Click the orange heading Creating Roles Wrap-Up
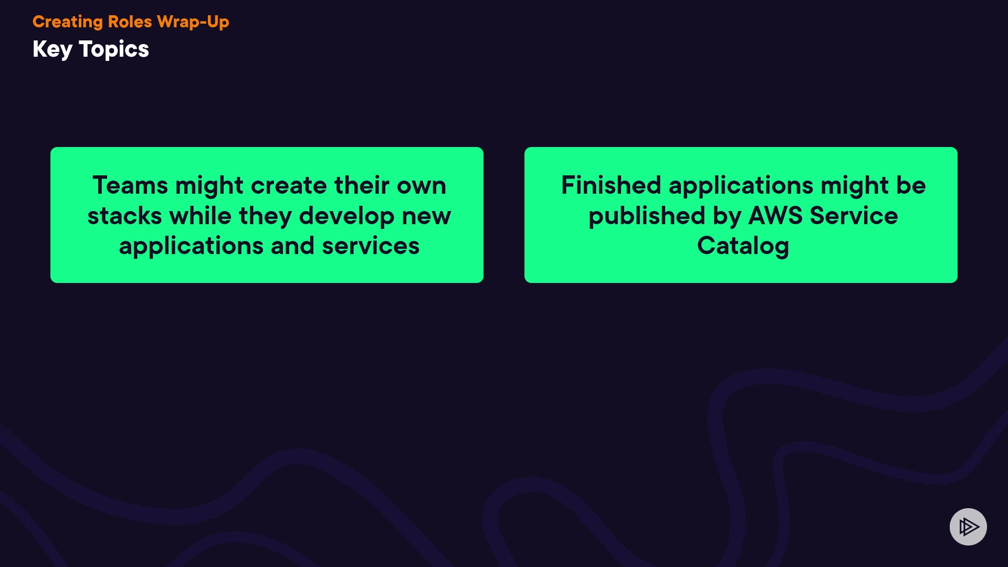(x=131, y=22)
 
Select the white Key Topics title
(x=91, y=50)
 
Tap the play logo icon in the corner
(x=968, y=527)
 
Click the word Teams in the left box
(x=131, y=185)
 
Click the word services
(x=371, y=246)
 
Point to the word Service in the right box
(x=854, y=216)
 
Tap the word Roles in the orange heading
(x=130, y=22)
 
